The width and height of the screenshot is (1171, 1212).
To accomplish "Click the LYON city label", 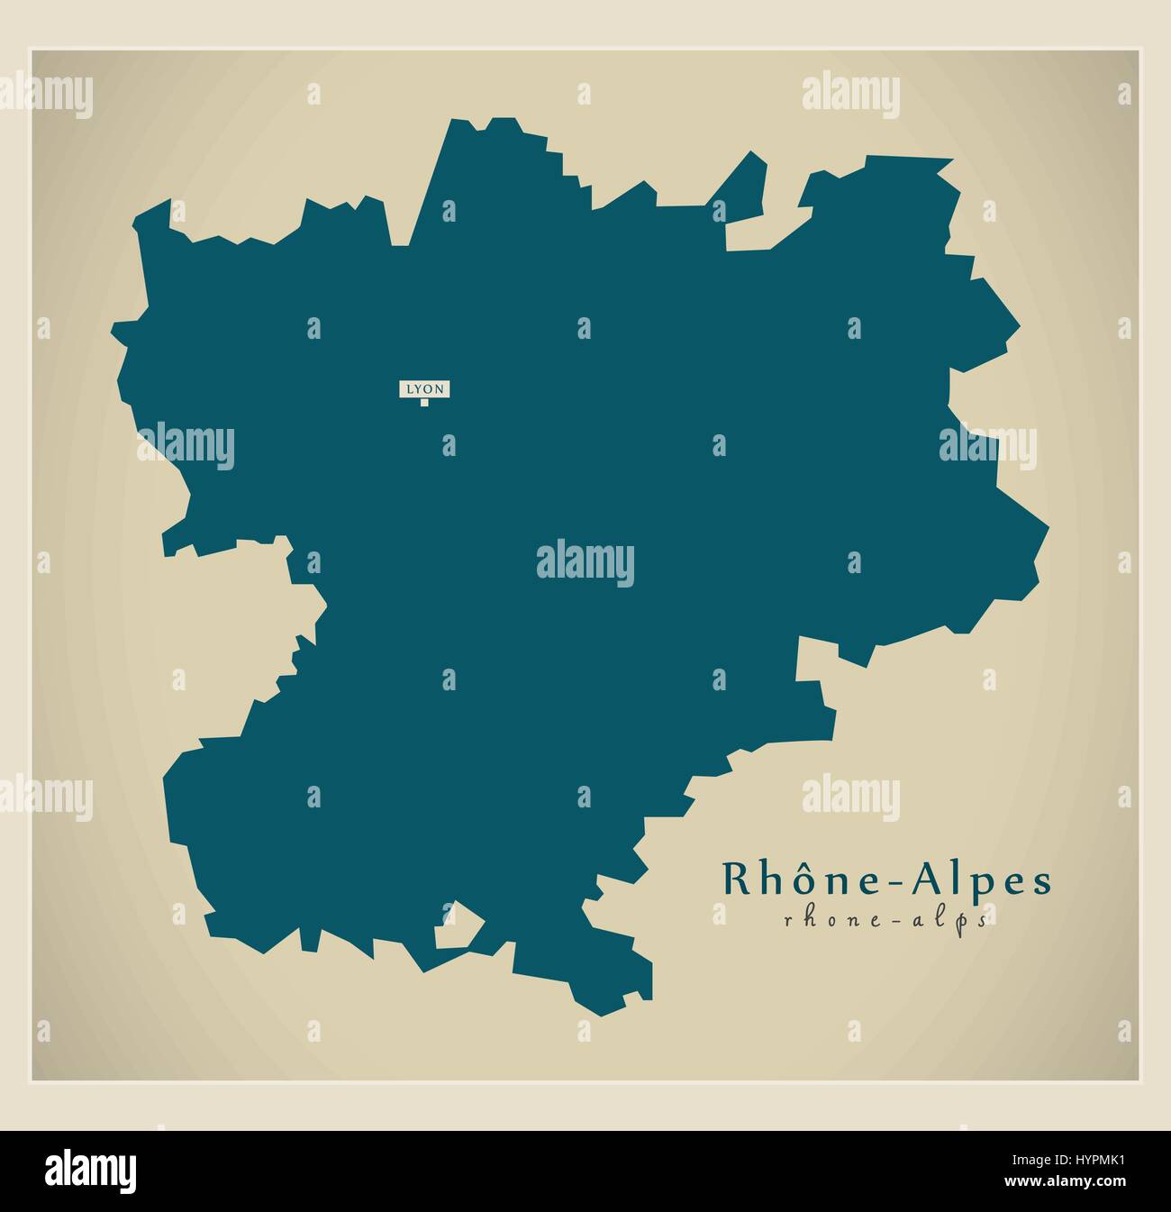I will pos(423,389).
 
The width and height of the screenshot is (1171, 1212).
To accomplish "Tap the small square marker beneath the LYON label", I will pos(424,403).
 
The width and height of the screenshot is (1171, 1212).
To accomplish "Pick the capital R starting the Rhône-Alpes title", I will pos(732,880).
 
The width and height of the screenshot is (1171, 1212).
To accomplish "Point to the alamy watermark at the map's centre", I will pos(585,565).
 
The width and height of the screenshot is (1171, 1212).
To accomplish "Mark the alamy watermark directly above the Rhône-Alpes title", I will pos(850,795).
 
